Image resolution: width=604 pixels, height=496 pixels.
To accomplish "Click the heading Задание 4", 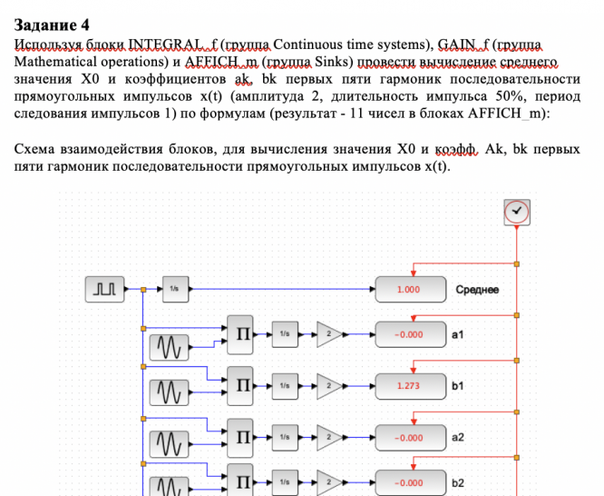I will pos(54,25).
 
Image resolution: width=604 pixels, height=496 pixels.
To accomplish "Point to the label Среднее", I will pos(477,290).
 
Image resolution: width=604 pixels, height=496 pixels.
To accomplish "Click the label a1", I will pos(458,334).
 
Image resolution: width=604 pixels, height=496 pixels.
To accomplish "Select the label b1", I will pos(458,386).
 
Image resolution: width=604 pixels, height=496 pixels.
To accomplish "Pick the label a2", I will pos(458,438).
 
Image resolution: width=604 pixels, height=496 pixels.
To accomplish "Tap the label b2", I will pos(458,482).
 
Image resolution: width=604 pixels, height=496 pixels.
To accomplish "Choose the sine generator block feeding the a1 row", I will pos(171,349).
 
